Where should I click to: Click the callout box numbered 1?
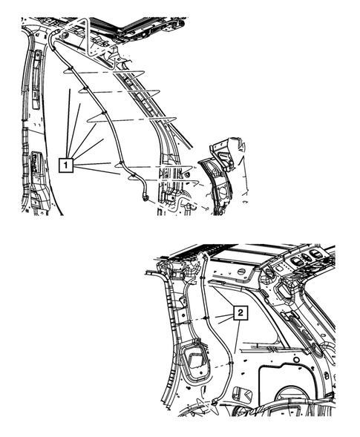[x=68, y=165]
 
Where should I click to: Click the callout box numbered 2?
[x=240, y=314]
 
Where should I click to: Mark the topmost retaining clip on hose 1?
[x=68, y=71]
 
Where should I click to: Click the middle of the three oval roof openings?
[x=301, y=259]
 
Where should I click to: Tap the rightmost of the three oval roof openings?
[x=318, y=255]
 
